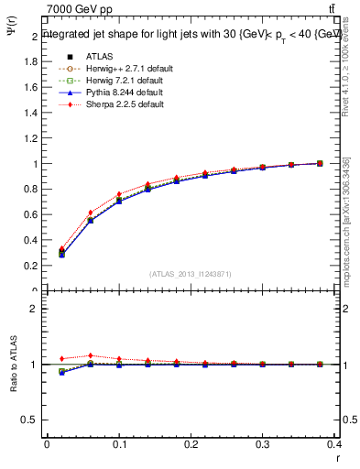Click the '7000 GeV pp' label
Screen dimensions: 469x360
pos(80,9)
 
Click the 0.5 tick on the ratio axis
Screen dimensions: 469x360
pos(33,420)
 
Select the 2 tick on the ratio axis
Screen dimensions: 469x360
pos(35,309)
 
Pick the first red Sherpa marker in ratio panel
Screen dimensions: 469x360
pos(62,358)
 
